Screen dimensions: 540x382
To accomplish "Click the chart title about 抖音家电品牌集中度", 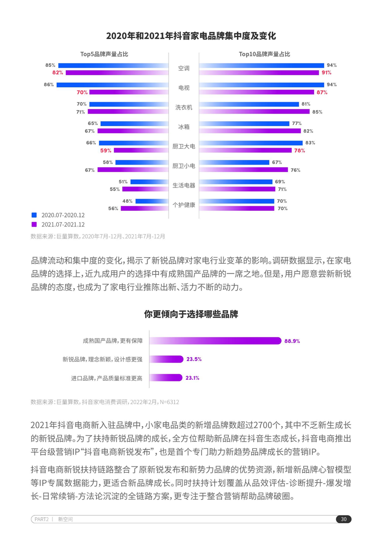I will click(x=191, y=36).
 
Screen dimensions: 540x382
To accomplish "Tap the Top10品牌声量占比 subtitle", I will click(x=264, y=54).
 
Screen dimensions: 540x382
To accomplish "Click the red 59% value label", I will click(x=106, y=151).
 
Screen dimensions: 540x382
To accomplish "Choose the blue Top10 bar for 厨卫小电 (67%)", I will click(x=234, y=162).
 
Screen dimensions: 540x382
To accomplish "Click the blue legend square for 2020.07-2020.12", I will click(x=34, y=215).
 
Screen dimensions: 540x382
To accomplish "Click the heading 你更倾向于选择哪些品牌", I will click(x=191, y=314).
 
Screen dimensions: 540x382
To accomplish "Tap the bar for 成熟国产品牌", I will click(x=215, y=341).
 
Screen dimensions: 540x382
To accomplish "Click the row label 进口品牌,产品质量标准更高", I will click(x=109, y=378).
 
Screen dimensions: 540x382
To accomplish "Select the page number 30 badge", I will click(x=343, y=519).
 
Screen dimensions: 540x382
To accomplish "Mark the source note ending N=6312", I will click(x=105, y=402).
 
